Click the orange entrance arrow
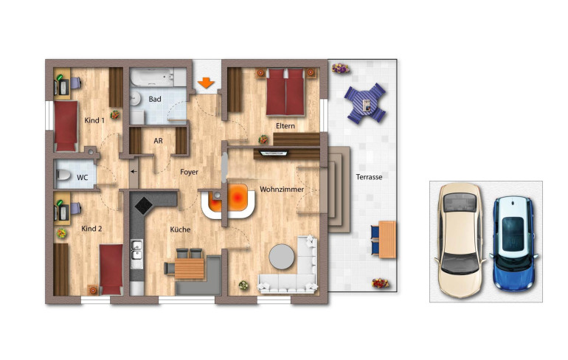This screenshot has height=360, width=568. (x=206, y=83)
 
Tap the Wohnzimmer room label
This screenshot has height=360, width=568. (x=282, y=190)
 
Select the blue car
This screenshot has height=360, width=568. (x=513, y=243)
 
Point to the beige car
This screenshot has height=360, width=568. (x=460, y=240)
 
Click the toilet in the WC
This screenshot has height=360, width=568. (x=63, y=176)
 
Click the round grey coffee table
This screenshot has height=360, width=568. (x=282, y=257)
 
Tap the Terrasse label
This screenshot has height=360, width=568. (x=369, y=177)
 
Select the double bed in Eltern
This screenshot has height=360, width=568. (x=285, y=92)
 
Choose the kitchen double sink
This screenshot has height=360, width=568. (x=136, y=250)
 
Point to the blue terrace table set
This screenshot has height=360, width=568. (x=365, y=103)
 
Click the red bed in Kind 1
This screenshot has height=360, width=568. (x=66, y=126)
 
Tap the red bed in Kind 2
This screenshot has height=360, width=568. (x=111, y=269)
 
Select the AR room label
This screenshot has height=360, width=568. (x=158, y=141)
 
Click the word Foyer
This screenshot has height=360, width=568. (x=189, y=172)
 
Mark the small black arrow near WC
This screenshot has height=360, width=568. (x=134, y=171)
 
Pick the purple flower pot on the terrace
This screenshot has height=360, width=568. (x=341, y=68)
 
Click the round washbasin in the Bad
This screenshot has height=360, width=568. (x=136, y=98)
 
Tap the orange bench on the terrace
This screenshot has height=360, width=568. (x=387, y=240)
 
